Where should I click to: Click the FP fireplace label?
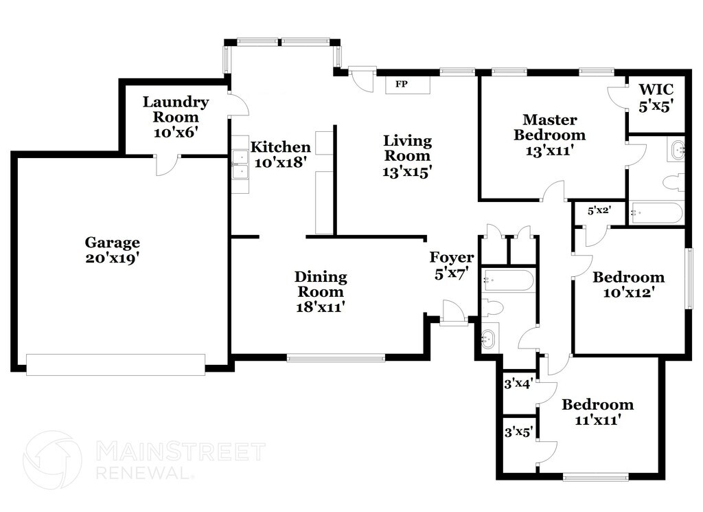pyautogui.click(x=401, y=84)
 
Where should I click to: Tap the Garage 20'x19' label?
pyautogui.click(x=113, y=250)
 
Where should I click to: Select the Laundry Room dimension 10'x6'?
pyautogui.click(x=176, y=133)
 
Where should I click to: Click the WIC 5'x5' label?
pyautogui.click(x=656, y=98)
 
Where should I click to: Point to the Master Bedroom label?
pyautogui.click(x=550, y=127)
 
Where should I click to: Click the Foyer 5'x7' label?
pyautogui.click(x=452, y=265)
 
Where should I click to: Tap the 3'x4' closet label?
pyautogui.click(x=518, y=383)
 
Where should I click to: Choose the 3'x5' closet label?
pyautogui.click(x=519, y=432)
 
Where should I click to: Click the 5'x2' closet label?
pyautogui.click(x=599, y=210)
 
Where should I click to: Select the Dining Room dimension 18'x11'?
pyautogui.click(x=321, y=307)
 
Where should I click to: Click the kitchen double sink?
pyautogui.click(x=241, y=165)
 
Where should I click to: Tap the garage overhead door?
pyautogui.click(x=115, y=364)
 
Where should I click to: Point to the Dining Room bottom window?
pyautogui.click(x=336, y=358)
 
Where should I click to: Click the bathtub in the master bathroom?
pyautogui.click(x=656, y=213)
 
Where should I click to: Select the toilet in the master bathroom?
pyautogui.click(x=673, y=183)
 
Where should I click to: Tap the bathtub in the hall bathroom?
pyautogui.click(x=508, y=280)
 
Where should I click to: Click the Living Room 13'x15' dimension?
pyautogui.click(x=407, y=171)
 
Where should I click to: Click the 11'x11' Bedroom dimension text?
pyautogui.click(x=598, y=420)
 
